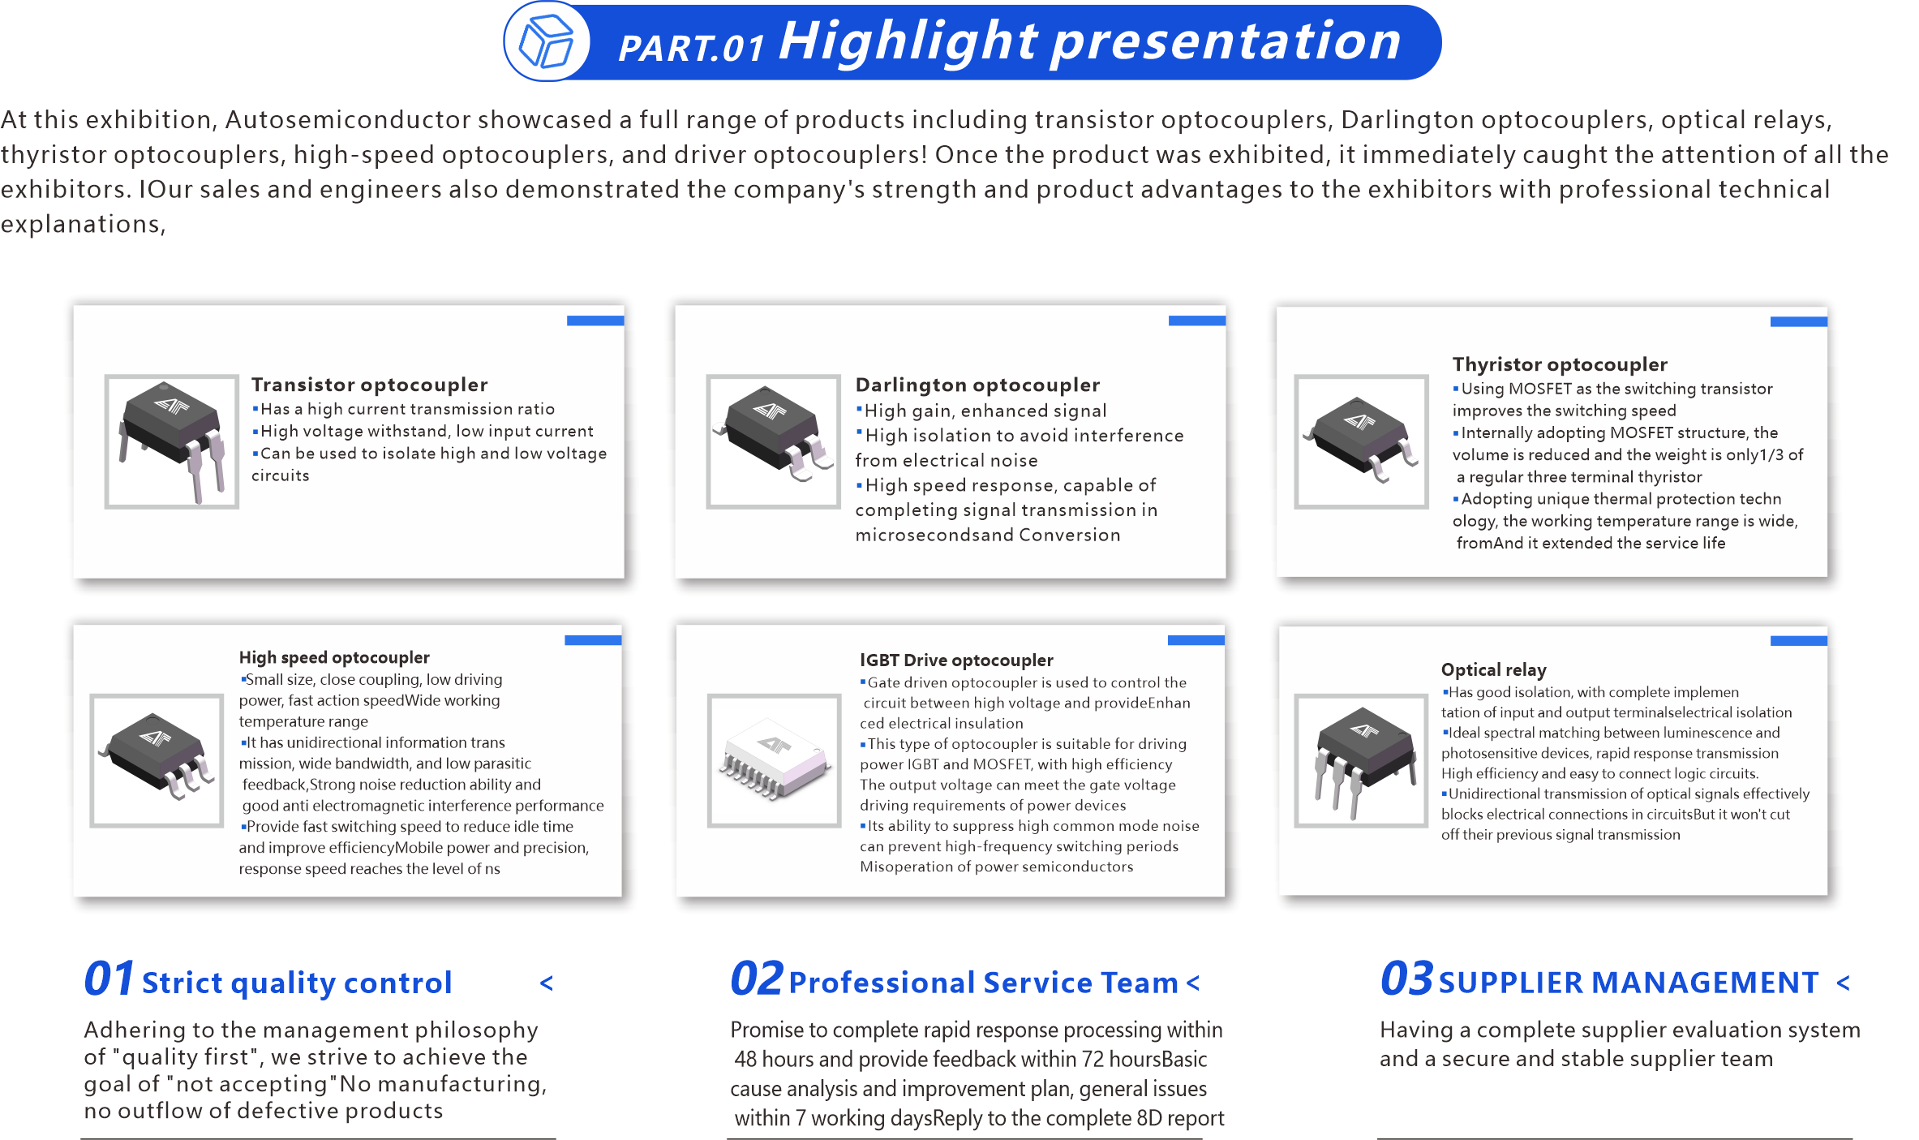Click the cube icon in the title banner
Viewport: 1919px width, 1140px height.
pos(546,42)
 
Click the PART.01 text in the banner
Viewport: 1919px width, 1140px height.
pos(691,48)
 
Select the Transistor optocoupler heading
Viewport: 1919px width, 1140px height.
pos(369,385)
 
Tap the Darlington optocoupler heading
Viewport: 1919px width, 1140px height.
pos(977,385)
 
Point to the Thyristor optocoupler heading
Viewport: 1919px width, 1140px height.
pos(1560,364)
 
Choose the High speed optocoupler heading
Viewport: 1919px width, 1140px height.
pos(334,657)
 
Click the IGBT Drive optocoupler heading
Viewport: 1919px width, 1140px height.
pos(956,660)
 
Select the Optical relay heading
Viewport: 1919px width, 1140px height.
pos(1493,669)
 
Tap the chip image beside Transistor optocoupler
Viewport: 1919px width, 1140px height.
pos(172,441)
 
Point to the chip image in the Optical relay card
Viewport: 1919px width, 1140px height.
pos(1361,760)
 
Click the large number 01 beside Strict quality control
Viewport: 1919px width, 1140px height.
pos(109,979)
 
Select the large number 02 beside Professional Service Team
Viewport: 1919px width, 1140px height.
pos(756,979)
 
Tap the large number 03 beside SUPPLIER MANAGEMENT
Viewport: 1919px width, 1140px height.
pos(1406,979)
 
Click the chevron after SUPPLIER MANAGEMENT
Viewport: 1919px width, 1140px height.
pos(1843,983)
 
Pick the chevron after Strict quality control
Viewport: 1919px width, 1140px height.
pos(547,983)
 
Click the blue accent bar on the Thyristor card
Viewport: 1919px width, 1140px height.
pos(1798,322)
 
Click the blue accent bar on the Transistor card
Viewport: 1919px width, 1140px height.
pos(595,320)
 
